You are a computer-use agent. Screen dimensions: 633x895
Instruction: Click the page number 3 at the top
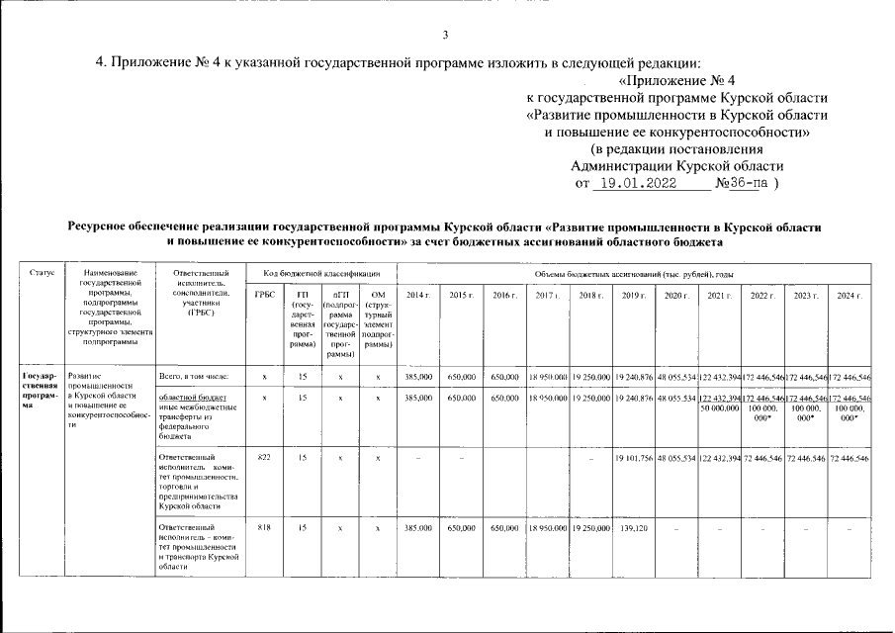(x=445, y=36)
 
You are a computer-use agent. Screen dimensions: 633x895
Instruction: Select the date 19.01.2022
(x=638, y=183)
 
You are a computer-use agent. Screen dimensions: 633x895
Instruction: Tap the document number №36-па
(x=741, y=183)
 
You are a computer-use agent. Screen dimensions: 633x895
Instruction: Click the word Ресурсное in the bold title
(x=102, y=226)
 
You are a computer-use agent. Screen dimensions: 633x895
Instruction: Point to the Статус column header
(x=43, y=273)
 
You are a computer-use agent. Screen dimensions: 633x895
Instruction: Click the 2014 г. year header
(x=418, y=296)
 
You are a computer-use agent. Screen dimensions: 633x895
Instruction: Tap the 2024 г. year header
(x=849, y=296)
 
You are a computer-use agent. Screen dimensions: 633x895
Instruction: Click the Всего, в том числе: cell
(x=193, y=377)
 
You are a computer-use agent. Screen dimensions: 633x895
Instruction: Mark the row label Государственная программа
(x=42, y=391)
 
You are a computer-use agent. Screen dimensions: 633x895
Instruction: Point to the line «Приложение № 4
(x=677, y=79)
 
